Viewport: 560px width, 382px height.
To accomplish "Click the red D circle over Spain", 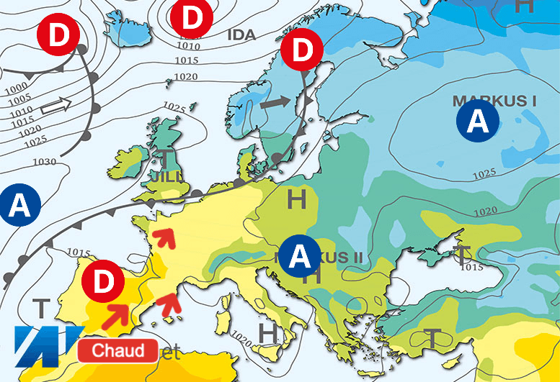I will click(x=105, y=281).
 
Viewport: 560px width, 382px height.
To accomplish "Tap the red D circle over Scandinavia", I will click(x=301, y=50).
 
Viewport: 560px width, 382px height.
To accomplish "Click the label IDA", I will click(x=241, y=35).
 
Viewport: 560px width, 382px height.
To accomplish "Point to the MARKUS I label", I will click(x=494, y=100).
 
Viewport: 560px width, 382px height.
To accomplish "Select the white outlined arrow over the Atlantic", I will click(x=56, y=107).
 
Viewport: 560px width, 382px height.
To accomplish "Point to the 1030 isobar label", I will click(x=45, y=162).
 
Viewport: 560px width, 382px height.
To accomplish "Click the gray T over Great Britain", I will click(x=166, y=159).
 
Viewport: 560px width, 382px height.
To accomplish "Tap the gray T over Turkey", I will click(x=432, y=337).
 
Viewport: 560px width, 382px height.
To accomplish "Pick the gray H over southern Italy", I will click(x=268, y=333).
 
